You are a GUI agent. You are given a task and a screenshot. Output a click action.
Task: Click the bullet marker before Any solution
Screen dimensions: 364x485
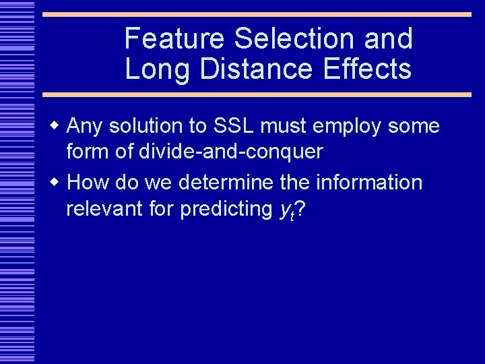pos(58,126)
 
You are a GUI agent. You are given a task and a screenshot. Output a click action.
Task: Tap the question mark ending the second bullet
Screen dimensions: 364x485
pos(300,210)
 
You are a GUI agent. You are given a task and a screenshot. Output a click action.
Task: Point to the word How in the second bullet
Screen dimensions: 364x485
pos(87,183)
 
